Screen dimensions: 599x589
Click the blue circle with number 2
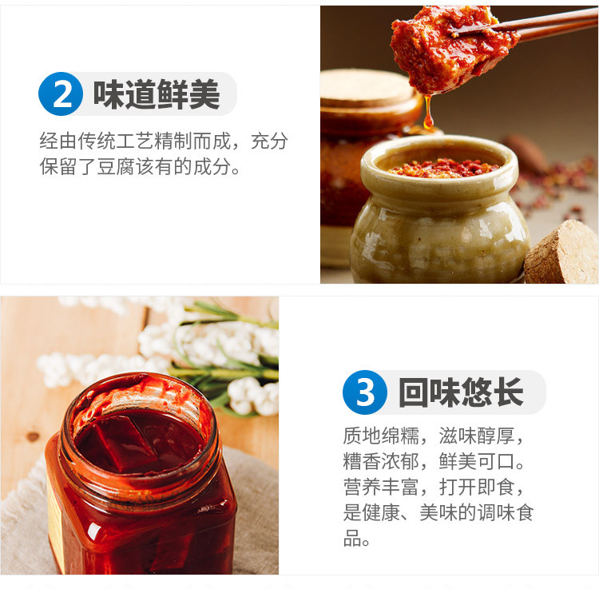(x=61, y=94)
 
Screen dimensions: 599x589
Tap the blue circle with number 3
(x=365, y=392)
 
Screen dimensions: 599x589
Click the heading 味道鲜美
(x=157, y=94)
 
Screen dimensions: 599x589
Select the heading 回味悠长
(x=461, y=392)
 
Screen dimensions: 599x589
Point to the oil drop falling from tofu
(x=428, y=112)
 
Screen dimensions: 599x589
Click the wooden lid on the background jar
(x=366, y=89)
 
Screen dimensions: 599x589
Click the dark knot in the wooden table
(x=33, y=436)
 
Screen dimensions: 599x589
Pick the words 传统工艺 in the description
(x=116, y=141)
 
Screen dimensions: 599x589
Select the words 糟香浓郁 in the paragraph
(x=381, y=461)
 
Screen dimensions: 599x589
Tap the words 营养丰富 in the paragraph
(x=381, y=487)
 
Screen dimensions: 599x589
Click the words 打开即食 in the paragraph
(x=477, y=487)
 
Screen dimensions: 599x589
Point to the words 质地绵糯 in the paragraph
(x=381, y=436)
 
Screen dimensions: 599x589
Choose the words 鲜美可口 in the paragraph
(x=477, y=461)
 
